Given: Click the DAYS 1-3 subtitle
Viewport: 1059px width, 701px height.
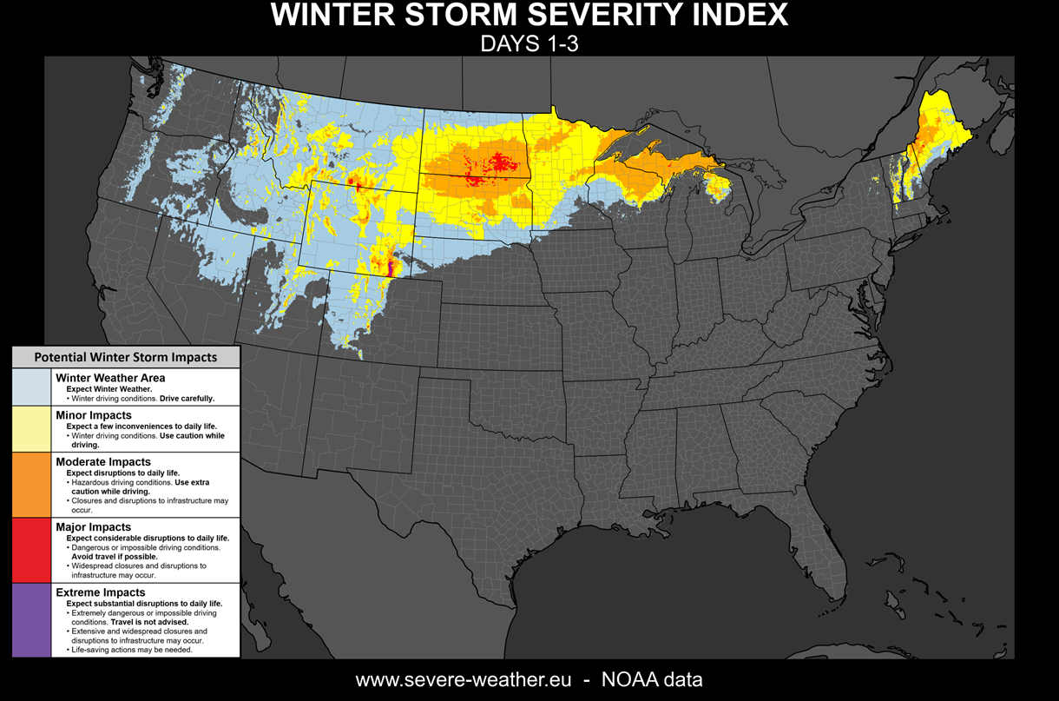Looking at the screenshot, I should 529,44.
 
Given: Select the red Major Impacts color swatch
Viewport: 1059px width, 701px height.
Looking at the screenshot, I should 31,550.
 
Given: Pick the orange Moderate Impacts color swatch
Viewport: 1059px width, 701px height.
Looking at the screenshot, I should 31,485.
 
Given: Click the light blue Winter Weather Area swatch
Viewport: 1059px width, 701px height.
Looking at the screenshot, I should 31,387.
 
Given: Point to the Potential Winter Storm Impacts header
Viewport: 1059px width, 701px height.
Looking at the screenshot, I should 126,357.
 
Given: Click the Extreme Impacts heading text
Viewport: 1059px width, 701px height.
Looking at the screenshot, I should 101,592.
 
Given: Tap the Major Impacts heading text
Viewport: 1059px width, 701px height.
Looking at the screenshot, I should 93,526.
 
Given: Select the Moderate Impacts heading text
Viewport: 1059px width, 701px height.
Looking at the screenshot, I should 103,461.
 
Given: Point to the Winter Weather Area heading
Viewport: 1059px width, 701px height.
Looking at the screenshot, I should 110,378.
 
